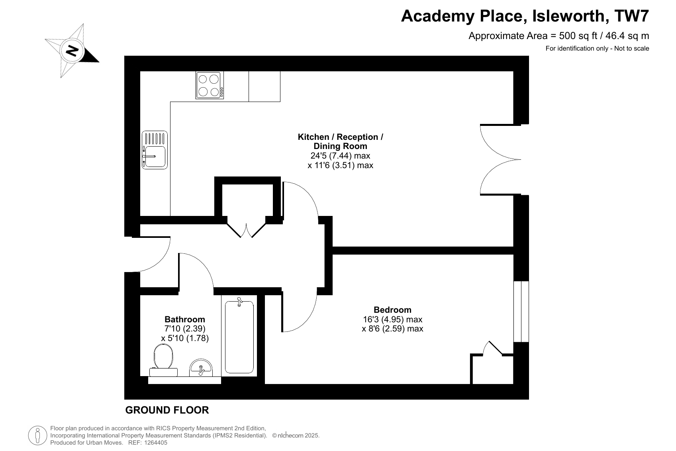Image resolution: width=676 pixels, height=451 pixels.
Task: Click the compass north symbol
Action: pos(72,51)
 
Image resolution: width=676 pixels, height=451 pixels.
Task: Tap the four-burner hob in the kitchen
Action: pos(210,85)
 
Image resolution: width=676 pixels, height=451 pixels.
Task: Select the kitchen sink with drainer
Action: pos(155,150)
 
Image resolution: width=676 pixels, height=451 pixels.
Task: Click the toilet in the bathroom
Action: pos(164,360)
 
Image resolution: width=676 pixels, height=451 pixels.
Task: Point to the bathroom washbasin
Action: pos(201,368)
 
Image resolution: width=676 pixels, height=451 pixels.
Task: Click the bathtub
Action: pos(239,336)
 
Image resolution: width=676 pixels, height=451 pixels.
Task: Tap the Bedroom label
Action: pos(392,310)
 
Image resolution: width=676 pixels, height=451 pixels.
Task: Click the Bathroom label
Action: pos(185,319)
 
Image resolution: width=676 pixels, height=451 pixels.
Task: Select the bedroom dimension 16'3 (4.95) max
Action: pos(392,319)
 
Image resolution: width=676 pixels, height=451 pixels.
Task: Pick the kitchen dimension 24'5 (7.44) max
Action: pos(341,156)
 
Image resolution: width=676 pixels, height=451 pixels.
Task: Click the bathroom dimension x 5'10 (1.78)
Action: pos(185,338)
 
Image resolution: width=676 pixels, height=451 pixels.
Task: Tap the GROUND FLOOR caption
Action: pos(167,410)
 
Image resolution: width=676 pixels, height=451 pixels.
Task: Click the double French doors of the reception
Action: pos(500,159)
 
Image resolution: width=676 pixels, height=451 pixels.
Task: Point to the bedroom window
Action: pos(521,312)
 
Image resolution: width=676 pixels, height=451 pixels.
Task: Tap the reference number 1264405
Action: pos(156,443)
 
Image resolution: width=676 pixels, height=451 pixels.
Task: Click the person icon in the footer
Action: pos(38,435)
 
